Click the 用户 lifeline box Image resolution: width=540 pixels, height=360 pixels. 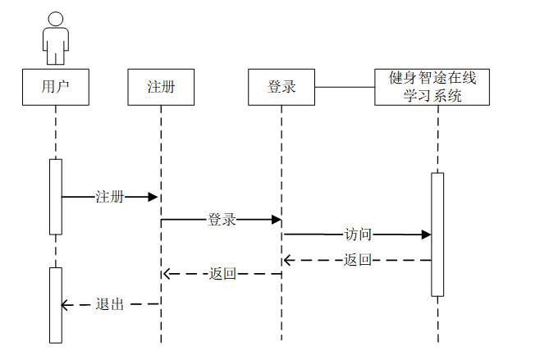[55, 87]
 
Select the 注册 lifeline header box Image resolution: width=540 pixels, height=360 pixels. [161, 87]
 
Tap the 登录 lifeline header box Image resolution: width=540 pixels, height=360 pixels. [281, 87]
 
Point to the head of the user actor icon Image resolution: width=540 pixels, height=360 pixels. [55, 19]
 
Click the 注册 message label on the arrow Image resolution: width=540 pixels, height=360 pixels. [110, 197]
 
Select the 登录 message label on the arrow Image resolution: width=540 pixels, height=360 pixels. [222, 220]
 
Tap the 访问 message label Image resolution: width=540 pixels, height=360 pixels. [358, 235]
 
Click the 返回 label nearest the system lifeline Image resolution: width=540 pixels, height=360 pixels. [358, 260]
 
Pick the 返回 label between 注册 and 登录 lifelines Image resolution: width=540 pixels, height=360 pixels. [222, 274]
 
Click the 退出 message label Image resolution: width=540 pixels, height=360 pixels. [110, 304]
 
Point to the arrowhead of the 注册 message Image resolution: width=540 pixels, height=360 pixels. [153, 197]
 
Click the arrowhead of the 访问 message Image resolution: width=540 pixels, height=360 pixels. [426, 235]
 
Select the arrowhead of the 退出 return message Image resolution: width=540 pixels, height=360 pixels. [66, 304]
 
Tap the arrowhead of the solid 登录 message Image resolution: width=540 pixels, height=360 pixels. [276, 220]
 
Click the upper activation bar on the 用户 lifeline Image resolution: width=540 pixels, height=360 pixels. [55, 197]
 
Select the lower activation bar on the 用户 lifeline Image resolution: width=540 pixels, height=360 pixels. [55, 304]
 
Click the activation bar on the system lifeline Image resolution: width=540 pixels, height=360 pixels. [437, 234]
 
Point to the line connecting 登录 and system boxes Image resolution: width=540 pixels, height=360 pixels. [344, 87]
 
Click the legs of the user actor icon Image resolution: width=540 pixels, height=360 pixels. [55, 56]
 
